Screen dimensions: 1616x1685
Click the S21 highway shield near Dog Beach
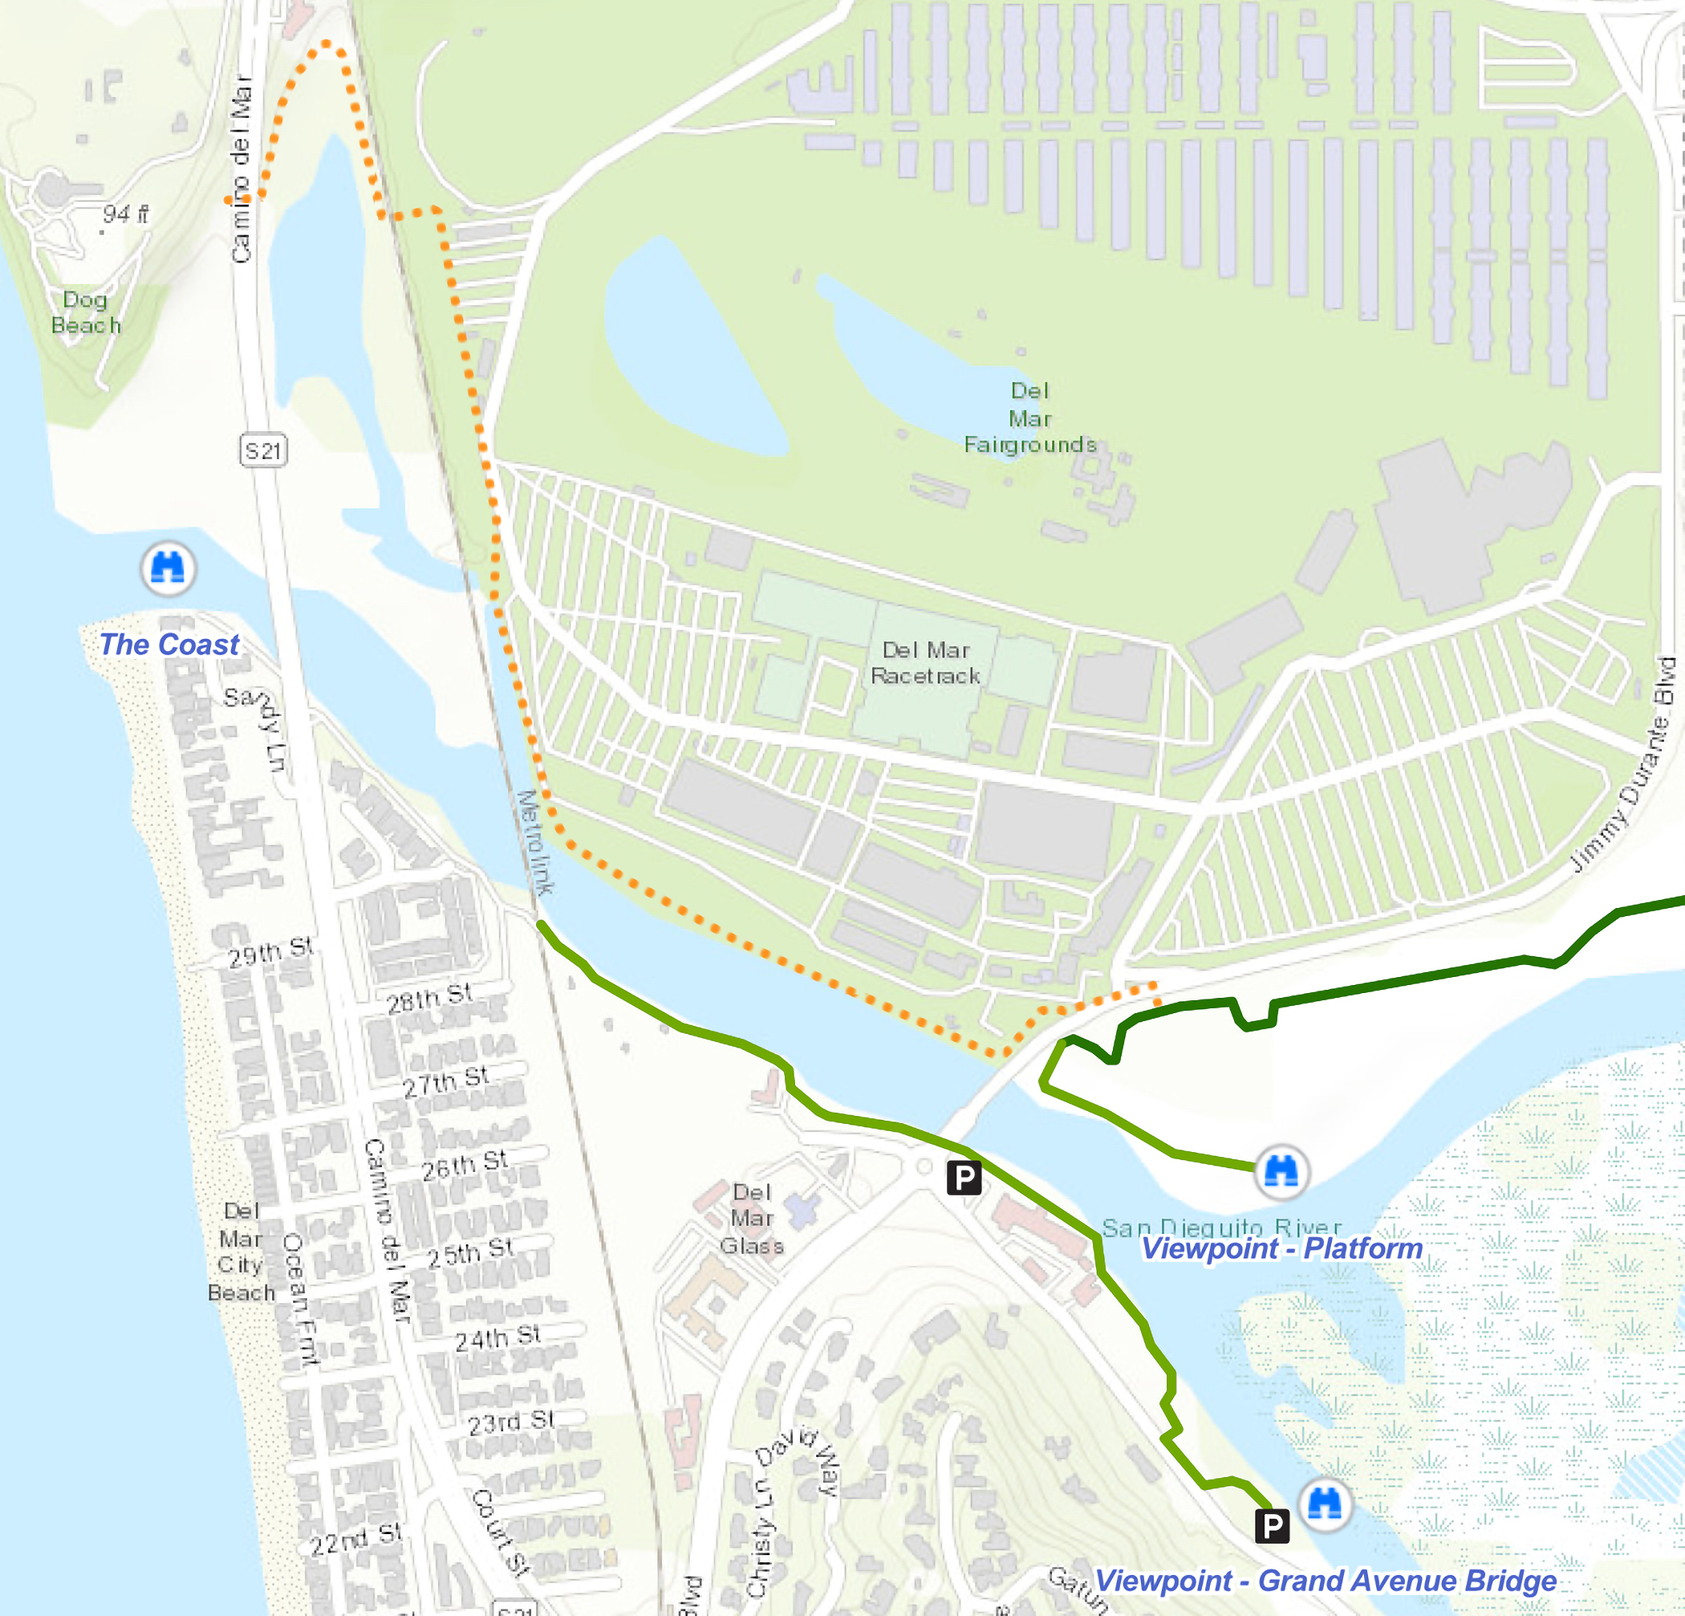pyautogui.click(x=263, y=450)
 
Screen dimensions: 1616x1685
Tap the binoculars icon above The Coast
pyautogui.click(x=168, y=568)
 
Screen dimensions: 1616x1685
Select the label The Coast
pyautogui.click(x=169, y=644)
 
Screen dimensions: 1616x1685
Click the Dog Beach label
pyautogui.click(x=86, y=312)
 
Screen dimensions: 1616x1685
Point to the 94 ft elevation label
pyautogui.click(x=125, y=214)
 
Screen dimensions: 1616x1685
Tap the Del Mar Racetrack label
pyautogui.click(x=925, y=662)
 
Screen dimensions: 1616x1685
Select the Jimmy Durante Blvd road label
pyautogui.click(x=1624, y=764)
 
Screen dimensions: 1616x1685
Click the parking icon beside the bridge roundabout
pyautogui.click(x=964, y=1177)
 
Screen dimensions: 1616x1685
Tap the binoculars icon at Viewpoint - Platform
pyautogui.click(x=1281, y=1171)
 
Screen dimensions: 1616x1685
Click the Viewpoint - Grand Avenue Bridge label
pyautogui.click(x=1325, y=1581)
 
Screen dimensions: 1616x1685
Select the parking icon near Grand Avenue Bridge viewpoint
pyautogui.click(x=1272, y=1526)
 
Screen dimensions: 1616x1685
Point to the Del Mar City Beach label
pyautogui.click(x=241, y=1252)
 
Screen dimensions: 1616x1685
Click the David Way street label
pyautogui.click(x=797, y=1461)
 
